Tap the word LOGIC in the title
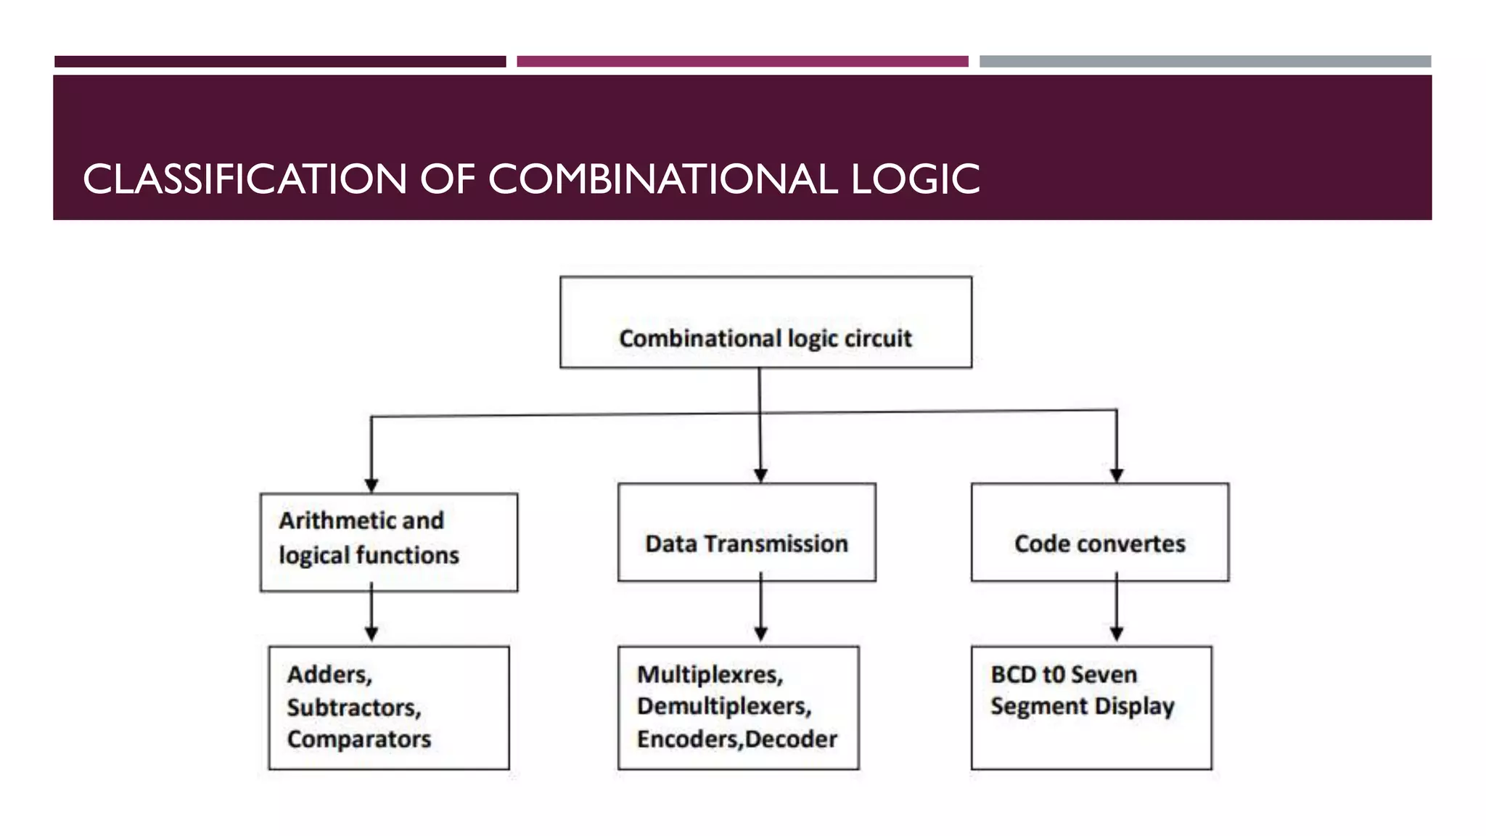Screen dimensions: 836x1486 click(x=915, y=179)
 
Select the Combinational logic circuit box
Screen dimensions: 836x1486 click(x=765, y=322)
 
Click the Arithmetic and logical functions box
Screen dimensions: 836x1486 click(x=389, y=542)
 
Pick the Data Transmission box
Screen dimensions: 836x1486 click(x=747, y=532)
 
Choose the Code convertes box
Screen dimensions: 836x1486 click(x=1100, y=532)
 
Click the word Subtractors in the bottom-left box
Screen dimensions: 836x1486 click(x=353, y=707)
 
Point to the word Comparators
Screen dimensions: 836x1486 click(x=359, y=739)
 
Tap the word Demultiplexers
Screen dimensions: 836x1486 click(x=723, y=706)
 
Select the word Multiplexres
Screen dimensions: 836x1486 click(x=709, y=674)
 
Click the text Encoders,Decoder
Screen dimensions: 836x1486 click(x=737, y=739)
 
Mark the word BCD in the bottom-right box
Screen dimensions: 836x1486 click(x=1013, y=674)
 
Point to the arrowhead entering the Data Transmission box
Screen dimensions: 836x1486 click(x=760, y=475)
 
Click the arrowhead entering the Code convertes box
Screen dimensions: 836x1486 click(x=1117, y=475)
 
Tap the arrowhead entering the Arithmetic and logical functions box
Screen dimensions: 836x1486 click(x=371, y=485)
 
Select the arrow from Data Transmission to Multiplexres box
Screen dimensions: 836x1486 click(x=760, y=610)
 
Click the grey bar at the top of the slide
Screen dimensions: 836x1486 click(x=1205, y=62)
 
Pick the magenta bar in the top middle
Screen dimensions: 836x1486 click(x=742, y=62)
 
